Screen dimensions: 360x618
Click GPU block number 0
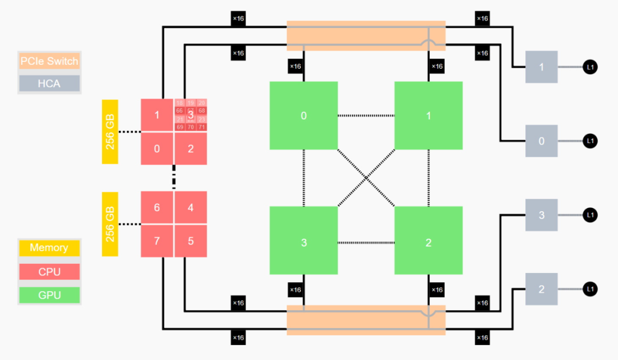coord(303,116)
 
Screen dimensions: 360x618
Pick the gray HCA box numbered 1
coord(541,67)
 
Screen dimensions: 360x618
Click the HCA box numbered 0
coord(541,141)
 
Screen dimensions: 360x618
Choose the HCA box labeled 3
coord(541,215)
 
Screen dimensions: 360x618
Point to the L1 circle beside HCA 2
coord(590,289)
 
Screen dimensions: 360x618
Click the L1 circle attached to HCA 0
coord(590,141)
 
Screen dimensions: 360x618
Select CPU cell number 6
coord(157,207)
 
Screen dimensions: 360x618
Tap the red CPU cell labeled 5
coord(191,240)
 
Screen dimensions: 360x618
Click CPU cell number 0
coord(157,149)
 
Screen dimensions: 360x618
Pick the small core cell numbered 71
coord(201,127)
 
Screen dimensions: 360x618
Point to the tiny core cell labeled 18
coord(180,103)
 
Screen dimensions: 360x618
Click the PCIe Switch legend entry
coord(49,61)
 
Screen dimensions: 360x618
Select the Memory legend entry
coord(49,248)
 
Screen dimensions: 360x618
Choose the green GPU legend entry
coord(49,295)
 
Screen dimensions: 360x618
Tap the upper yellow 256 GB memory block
coord(110,132)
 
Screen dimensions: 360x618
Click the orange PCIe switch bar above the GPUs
coord(365,35)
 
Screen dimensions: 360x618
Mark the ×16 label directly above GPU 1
coord(437,66)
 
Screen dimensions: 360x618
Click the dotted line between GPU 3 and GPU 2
coord(366,243)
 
